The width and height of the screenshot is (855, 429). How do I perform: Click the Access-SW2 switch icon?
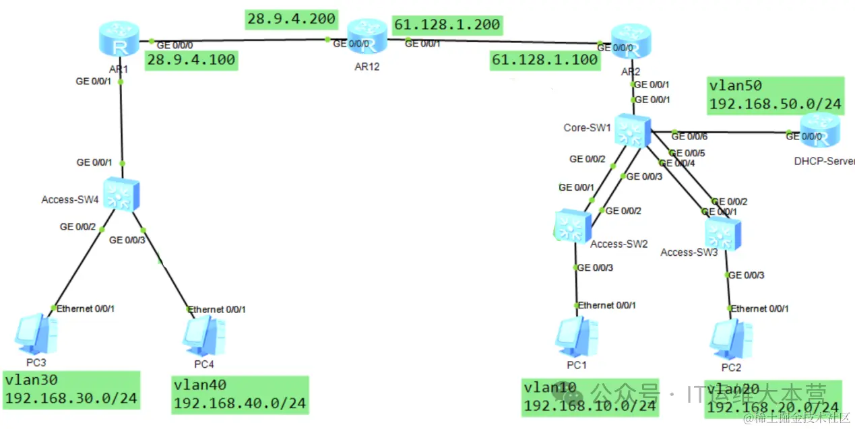[x=572, y=224]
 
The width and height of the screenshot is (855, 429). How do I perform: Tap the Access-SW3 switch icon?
[x=722, y=232]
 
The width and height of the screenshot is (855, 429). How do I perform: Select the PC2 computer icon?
[x=731, y=339]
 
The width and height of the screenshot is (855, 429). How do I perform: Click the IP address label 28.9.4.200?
[x=292, y=20]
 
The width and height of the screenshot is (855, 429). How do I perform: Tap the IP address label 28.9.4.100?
[x=191, y=60]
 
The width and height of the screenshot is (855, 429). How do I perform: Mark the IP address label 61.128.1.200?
[x=447, y=26]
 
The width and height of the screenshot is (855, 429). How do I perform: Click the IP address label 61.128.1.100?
[x=545, y=60]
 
